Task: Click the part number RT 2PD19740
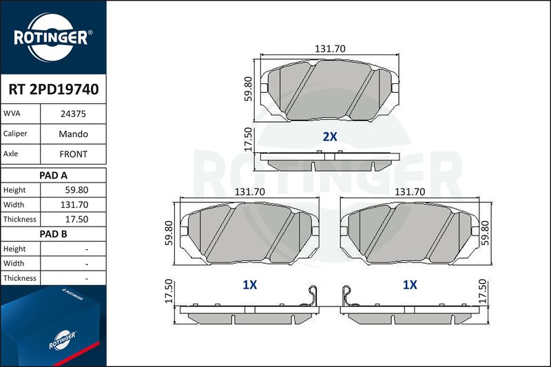point(54,90)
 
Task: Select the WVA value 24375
point(73,114)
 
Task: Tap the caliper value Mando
point(73,134)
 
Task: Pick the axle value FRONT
point(73,154)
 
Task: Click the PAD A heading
point(54,176)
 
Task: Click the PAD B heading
point(54,234)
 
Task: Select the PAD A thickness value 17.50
point(76,219)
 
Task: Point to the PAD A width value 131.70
point(74,205)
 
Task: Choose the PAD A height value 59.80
point(76,190)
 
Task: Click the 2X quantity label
point(330,136)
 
